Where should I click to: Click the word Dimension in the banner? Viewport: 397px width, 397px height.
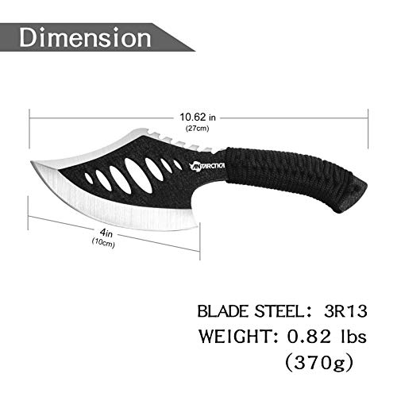(x=87, y=37)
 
